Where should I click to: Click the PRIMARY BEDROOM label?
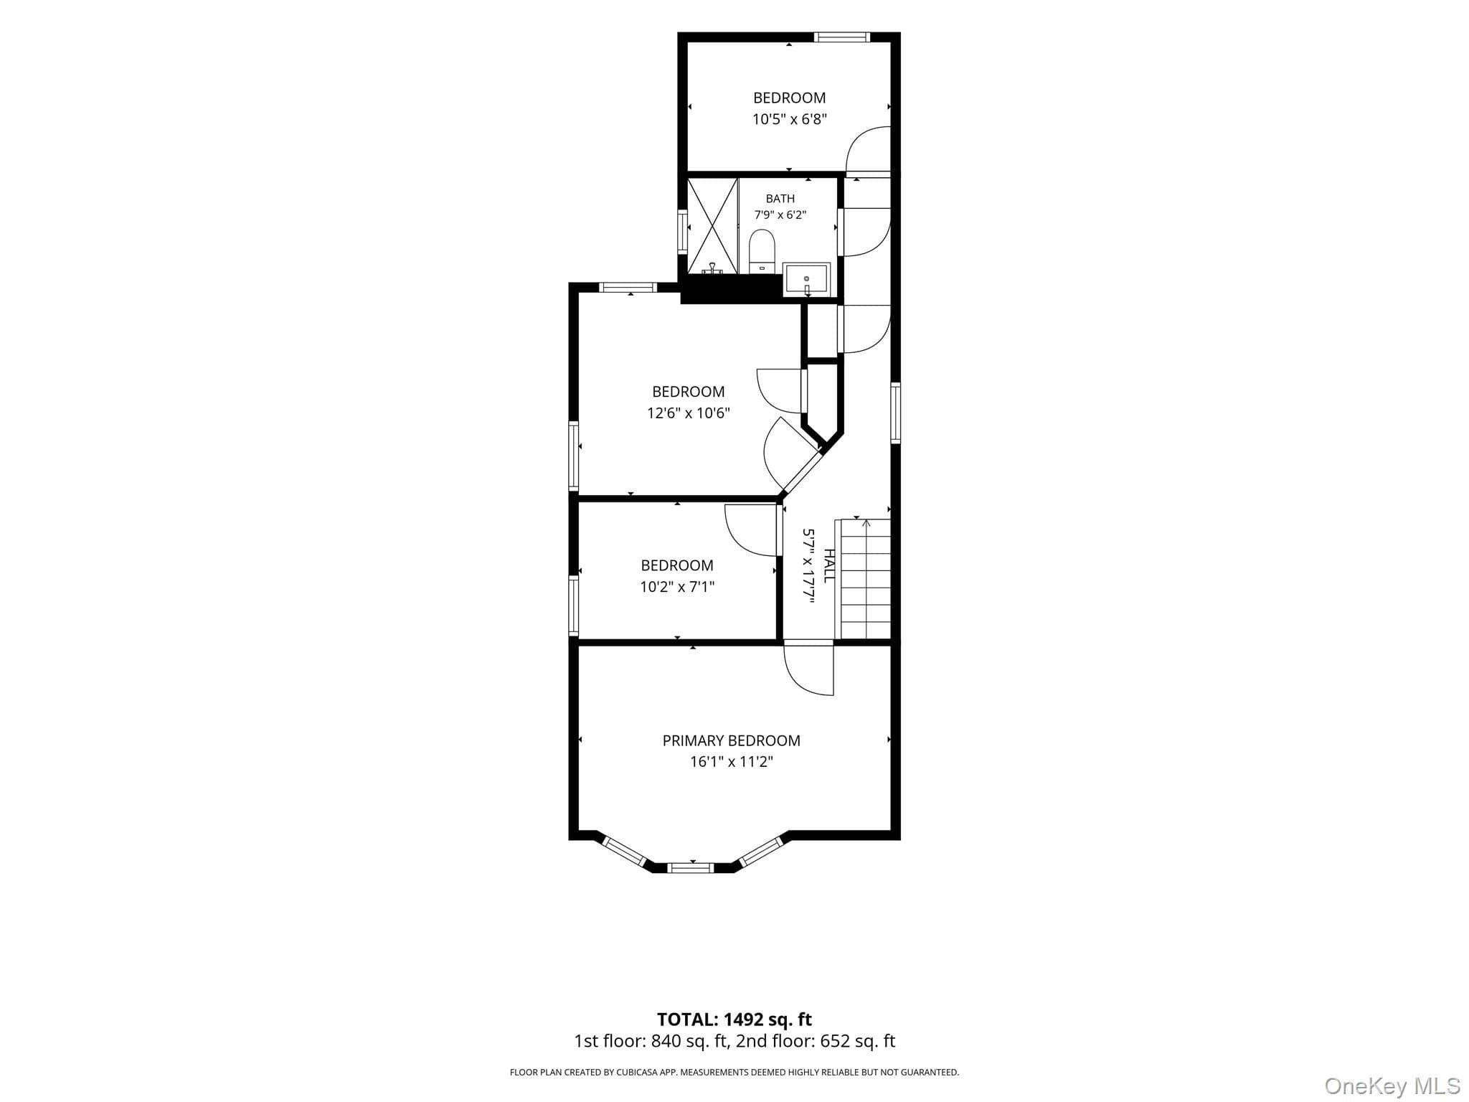pos(731,740)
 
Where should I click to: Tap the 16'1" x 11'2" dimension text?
pos(731,762)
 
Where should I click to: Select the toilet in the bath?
pos(762,251)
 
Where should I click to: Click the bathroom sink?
pos(807,279)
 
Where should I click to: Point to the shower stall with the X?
pos(713,226)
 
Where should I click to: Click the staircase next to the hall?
pos(866,578)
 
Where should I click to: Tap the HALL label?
pos(829,565)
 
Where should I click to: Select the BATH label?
pos(780,199)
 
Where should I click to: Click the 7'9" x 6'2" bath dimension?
pos(780,215)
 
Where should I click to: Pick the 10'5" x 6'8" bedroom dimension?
pos(789,119)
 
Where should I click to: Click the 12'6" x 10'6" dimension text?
pos(688,413)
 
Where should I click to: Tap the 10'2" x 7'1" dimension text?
pos(677,587)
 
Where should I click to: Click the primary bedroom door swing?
pos(809,669)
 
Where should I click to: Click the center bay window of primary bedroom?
pos(691,867)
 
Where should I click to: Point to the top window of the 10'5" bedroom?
pos(842,37)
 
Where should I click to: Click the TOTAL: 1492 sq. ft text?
pos(734,1019)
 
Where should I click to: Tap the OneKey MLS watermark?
pos(1392,1085)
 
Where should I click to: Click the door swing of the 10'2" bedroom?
pos(752,530)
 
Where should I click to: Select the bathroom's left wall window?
pos(683,231)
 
